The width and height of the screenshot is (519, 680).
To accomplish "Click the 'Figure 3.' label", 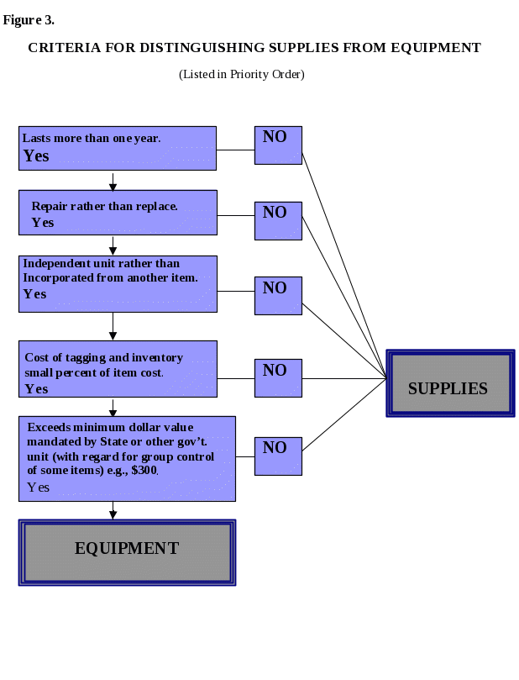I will (29, 20).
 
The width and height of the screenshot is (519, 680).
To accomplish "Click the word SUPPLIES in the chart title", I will (291, 48).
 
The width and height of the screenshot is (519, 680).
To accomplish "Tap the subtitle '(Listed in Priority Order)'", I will (242, 75).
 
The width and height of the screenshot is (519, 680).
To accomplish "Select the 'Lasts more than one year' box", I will (118, 148).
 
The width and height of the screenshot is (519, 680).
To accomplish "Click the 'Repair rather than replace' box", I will (118, 213).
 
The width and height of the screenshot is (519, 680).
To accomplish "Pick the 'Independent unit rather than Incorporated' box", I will (118, 284).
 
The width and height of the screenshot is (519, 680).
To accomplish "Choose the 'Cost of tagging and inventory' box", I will (118, 368).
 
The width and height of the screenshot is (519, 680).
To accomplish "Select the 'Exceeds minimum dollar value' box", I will (127, 458).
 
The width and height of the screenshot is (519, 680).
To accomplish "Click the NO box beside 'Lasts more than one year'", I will (278, 145).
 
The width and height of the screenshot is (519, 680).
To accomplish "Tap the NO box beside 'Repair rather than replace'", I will (278, 220).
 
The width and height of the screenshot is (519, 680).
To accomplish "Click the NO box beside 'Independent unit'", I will (278, 295).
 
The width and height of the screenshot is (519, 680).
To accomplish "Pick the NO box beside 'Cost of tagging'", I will (278, 377).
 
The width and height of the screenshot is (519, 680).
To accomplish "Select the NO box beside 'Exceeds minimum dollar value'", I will (278, 455).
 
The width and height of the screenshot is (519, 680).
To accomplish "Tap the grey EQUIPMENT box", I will (127, 552).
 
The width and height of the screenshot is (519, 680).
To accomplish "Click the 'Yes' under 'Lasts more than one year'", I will (36, 156).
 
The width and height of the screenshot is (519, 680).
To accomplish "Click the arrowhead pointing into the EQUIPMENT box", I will (113, 514).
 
